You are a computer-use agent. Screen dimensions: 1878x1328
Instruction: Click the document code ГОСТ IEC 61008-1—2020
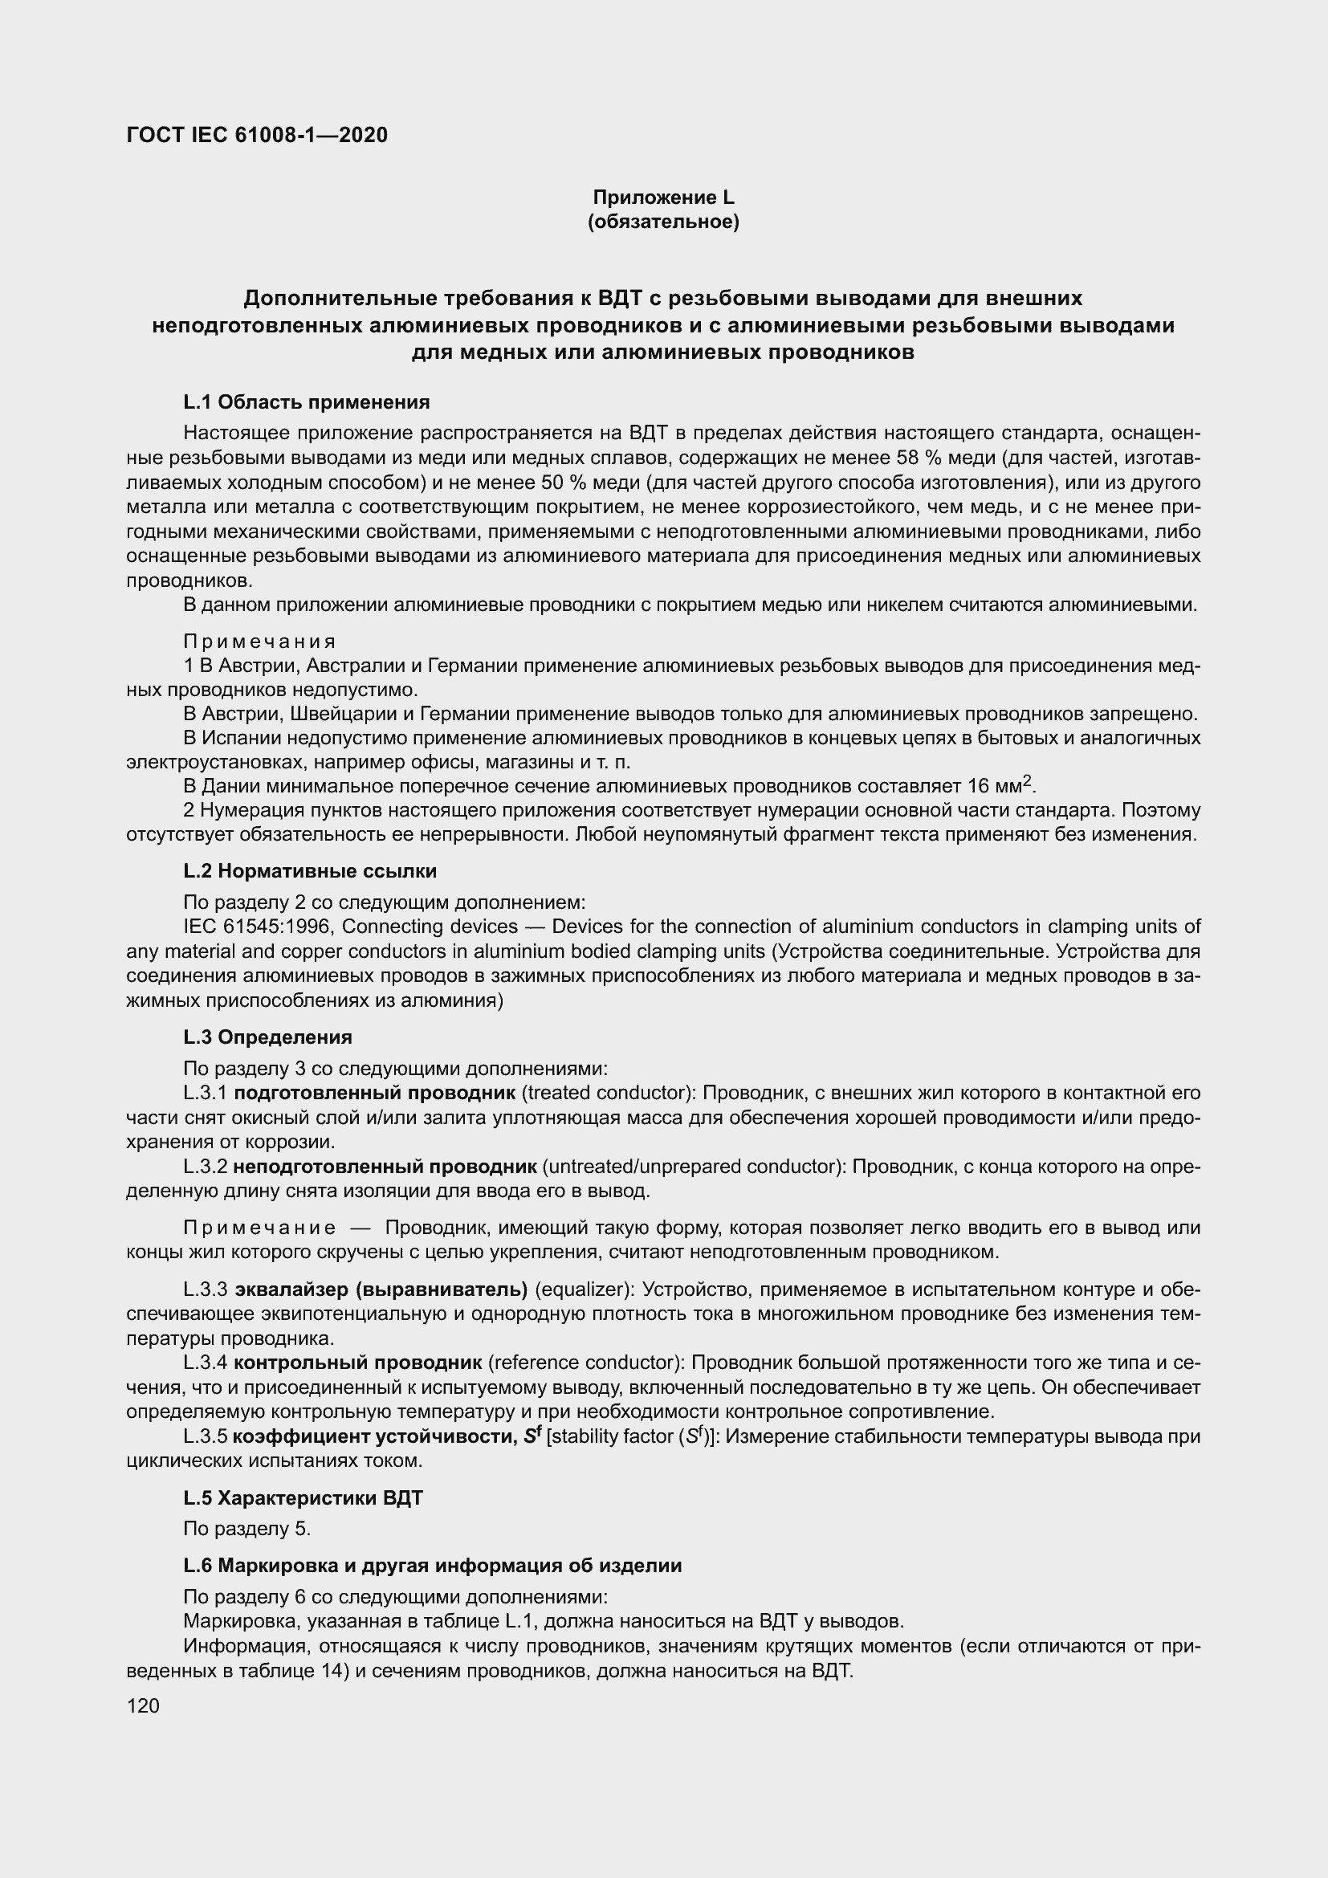257,135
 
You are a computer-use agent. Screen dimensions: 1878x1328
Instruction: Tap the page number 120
143,1705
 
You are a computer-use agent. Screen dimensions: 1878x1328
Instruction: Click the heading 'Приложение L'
663,198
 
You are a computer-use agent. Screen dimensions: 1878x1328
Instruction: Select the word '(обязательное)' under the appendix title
663,222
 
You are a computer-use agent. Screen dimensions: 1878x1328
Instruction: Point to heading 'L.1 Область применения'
307,401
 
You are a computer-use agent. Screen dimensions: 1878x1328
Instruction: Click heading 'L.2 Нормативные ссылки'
310,870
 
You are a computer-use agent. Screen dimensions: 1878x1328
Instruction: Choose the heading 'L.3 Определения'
267,1037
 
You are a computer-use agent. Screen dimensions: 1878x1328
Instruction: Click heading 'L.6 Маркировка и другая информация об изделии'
433,1566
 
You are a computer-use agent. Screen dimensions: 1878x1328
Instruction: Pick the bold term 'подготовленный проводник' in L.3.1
374,1093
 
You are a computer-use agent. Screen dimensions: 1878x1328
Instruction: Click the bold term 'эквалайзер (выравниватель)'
381,1290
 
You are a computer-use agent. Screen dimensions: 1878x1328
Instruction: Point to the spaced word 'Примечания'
260,641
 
